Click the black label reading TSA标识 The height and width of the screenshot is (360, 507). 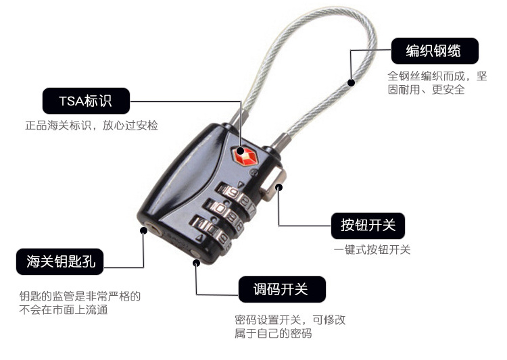[x=86, y=101]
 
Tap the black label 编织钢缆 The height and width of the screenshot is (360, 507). [x=435, y=51]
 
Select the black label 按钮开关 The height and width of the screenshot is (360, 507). [x=368, y=226]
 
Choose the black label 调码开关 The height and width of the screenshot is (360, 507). [x=282, y=289]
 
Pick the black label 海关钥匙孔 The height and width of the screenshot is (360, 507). [x=59, y=261]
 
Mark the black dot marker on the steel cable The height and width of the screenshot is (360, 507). [x=351, y=82]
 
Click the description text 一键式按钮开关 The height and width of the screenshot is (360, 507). [x=372, y=250]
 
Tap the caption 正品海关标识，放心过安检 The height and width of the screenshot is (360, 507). [x=91, y=126]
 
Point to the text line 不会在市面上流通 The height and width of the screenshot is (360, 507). [x=64, y=309]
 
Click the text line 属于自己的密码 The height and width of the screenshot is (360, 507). [x=273, y=333]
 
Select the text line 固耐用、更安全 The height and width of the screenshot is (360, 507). [x=426, y=90]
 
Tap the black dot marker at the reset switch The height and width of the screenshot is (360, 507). [x=196, y=263]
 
